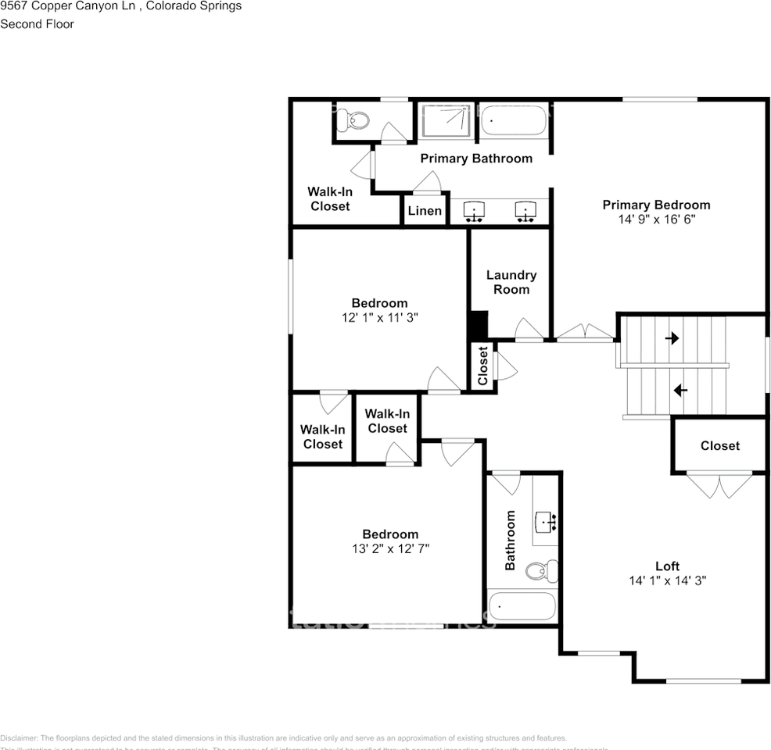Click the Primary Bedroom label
click(656, 205)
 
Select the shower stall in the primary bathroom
click(446, 121)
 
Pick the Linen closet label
click(425, 211)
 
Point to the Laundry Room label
click(511, 282)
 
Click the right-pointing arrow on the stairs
click(672, 338)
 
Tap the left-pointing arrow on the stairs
click(680, 389)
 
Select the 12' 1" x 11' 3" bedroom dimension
click(379, 318)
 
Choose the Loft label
click(667, 566)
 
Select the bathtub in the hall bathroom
click(522, 606)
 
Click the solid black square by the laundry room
click(478, 324)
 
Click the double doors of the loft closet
click(719, 485)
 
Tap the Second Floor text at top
click(37, 24)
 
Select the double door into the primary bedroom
click(585, 334)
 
